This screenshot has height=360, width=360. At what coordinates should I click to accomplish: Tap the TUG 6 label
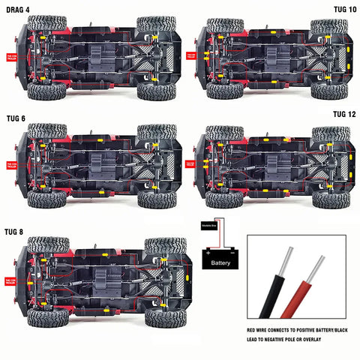click(x=16, y=118)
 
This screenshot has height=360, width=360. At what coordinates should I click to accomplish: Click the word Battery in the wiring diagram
click(x=220, y=264)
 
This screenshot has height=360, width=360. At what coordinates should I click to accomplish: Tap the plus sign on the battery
click(x=206, y=253)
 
